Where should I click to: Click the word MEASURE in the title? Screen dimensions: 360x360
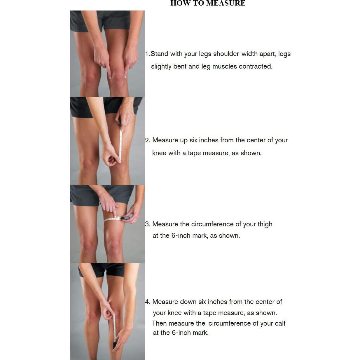(x=226, y=4)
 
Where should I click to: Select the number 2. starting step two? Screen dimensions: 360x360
(x=148, y=140)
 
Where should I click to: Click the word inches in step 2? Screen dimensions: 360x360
(x=208, y=140)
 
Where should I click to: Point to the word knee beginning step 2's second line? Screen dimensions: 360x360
(x=159, y=153)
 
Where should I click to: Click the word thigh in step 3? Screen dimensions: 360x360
(x=265, y=224)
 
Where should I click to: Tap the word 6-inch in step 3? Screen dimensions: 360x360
(x=181, y=236)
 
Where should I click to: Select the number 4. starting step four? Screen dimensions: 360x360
(x=148, y=302)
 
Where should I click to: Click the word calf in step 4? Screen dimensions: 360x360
(x=280, y=324)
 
